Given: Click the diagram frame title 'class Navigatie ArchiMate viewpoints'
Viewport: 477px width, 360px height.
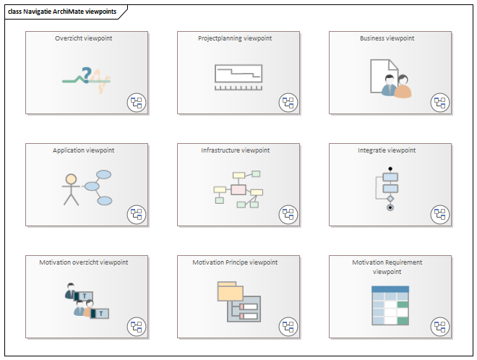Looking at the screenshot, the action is [x=62, y=12].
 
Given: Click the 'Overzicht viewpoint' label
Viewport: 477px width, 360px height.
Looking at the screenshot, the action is [x=83, y=38].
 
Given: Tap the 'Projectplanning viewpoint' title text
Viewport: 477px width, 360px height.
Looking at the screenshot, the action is [x=235, y=38].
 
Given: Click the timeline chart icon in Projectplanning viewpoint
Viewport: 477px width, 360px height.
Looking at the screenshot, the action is [x=239, y=77].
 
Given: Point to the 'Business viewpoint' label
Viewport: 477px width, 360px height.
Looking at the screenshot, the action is [x=387, y=38].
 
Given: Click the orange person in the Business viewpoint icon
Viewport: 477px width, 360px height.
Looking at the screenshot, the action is [x=403, y=87].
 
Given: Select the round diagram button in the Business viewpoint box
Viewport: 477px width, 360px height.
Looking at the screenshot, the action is [x=440, y=103].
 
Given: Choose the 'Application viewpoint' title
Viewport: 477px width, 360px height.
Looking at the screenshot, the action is [x=83, y=150].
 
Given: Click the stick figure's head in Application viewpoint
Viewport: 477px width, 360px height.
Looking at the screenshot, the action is [x=71, y=179].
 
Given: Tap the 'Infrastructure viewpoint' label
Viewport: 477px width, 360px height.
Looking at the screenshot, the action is [x=235, y=150].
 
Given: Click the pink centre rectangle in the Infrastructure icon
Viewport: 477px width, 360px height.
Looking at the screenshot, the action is [x=239, y=189].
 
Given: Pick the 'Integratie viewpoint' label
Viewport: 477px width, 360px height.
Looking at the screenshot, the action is [x=387, y=150].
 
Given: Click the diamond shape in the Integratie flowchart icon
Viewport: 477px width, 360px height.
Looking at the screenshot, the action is [x=390, y=199].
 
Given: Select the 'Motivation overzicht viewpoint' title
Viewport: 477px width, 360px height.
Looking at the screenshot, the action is [x=84, y=262].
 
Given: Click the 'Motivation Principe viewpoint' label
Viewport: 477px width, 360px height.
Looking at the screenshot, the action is [x=235, y=262].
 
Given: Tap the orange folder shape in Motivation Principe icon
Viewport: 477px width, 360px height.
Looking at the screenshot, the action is [x=230, y=291].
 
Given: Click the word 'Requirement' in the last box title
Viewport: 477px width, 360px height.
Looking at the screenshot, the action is [x=404, y=262].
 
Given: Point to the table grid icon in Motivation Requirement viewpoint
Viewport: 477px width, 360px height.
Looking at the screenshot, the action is [x=390, y=306].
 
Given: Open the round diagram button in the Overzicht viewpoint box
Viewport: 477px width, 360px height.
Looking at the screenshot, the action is [x=137, y=103].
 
